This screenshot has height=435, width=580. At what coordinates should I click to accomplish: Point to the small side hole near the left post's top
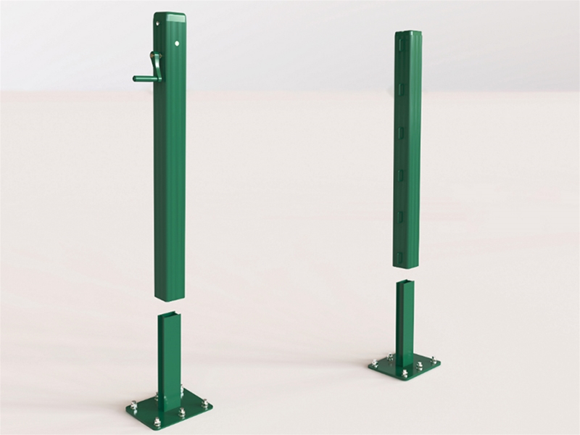tap(156, 26)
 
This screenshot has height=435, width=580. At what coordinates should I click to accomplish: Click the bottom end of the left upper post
tap(170, 295)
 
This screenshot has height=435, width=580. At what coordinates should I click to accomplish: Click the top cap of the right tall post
tap(408, 33)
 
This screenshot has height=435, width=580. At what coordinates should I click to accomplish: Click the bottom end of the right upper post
tap(408, 265)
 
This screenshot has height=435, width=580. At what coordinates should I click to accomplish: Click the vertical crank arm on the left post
tap(150, 66)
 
